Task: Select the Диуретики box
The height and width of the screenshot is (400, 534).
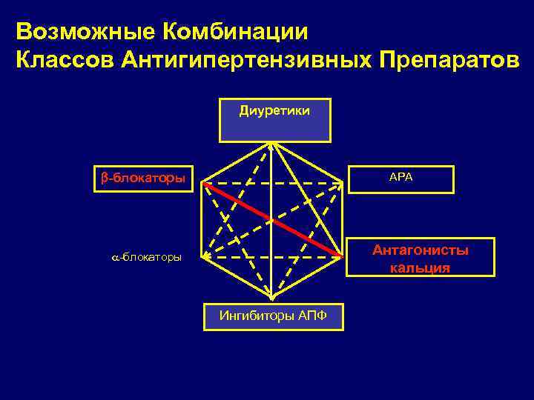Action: coord(274,119)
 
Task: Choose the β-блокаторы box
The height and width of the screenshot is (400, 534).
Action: coord(143,179)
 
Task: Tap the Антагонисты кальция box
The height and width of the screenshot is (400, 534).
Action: coord(421,258)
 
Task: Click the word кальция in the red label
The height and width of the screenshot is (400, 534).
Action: coord(420,267)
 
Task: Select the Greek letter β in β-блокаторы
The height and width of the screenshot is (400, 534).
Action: coord(105,179)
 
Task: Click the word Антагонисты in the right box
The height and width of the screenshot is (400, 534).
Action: coord(421,250)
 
